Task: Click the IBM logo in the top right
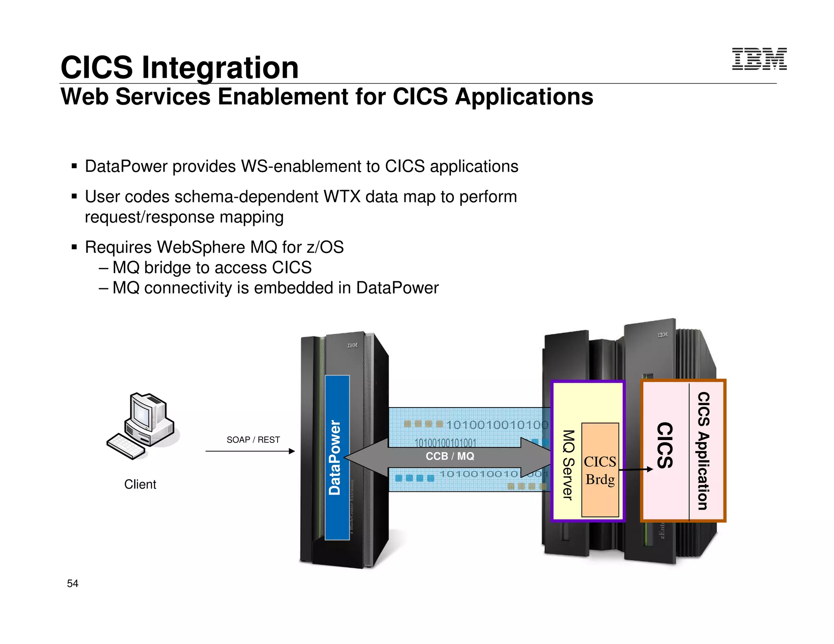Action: [x=759, y=59]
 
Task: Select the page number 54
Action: [x=72, y=583]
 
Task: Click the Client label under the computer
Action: [x=140, y=484]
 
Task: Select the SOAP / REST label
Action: [x=253, y=440]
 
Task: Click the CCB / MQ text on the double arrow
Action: [x=450, y=456]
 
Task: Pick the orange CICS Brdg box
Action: [x=600, y=470]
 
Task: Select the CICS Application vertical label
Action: [x=703, y=451]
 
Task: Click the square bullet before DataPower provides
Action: [x=74, y=166]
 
